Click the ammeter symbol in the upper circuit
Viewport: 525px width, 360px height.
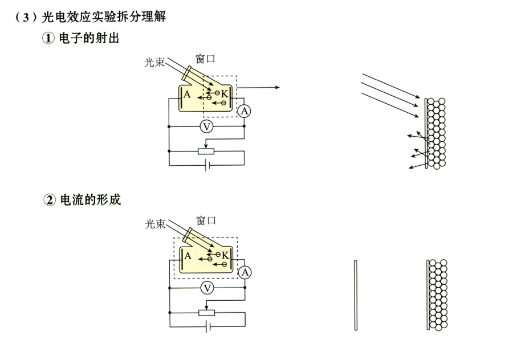(244, 111)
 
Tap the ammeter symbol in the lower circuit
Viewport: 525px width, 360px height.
(245, 272)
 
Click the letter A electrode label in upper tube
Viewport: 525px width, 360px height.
(188, 95)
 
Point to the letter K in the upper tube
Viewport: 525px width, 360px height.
(225, 93)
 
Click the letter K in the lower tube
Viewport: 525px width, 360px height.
(225, 255)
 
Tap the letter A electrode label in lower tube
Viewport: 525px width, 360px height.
(188, 256)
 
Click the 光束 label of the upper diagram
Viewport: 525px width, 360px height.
(155, 63)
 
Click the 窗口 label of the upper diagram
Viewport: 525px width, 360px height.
(205, 59)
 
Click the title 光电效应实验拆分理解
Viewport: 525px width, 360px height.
(104, 17)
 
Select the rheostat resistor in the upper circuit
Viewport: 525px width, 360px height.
(205, 151)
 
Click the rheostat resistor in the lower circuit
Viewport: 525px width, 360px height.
(206, 312)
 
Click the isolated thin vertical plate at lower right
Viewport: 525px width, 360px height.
(355, 295)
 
